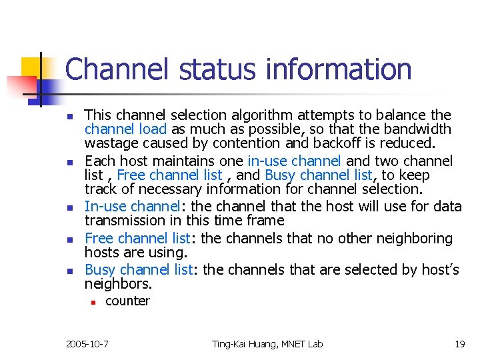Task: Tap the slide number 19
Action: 459,344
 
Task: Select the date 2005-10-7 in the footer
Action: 87,344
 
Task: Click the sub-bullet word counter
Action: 128,301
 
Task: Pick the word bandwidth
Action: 421,129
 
